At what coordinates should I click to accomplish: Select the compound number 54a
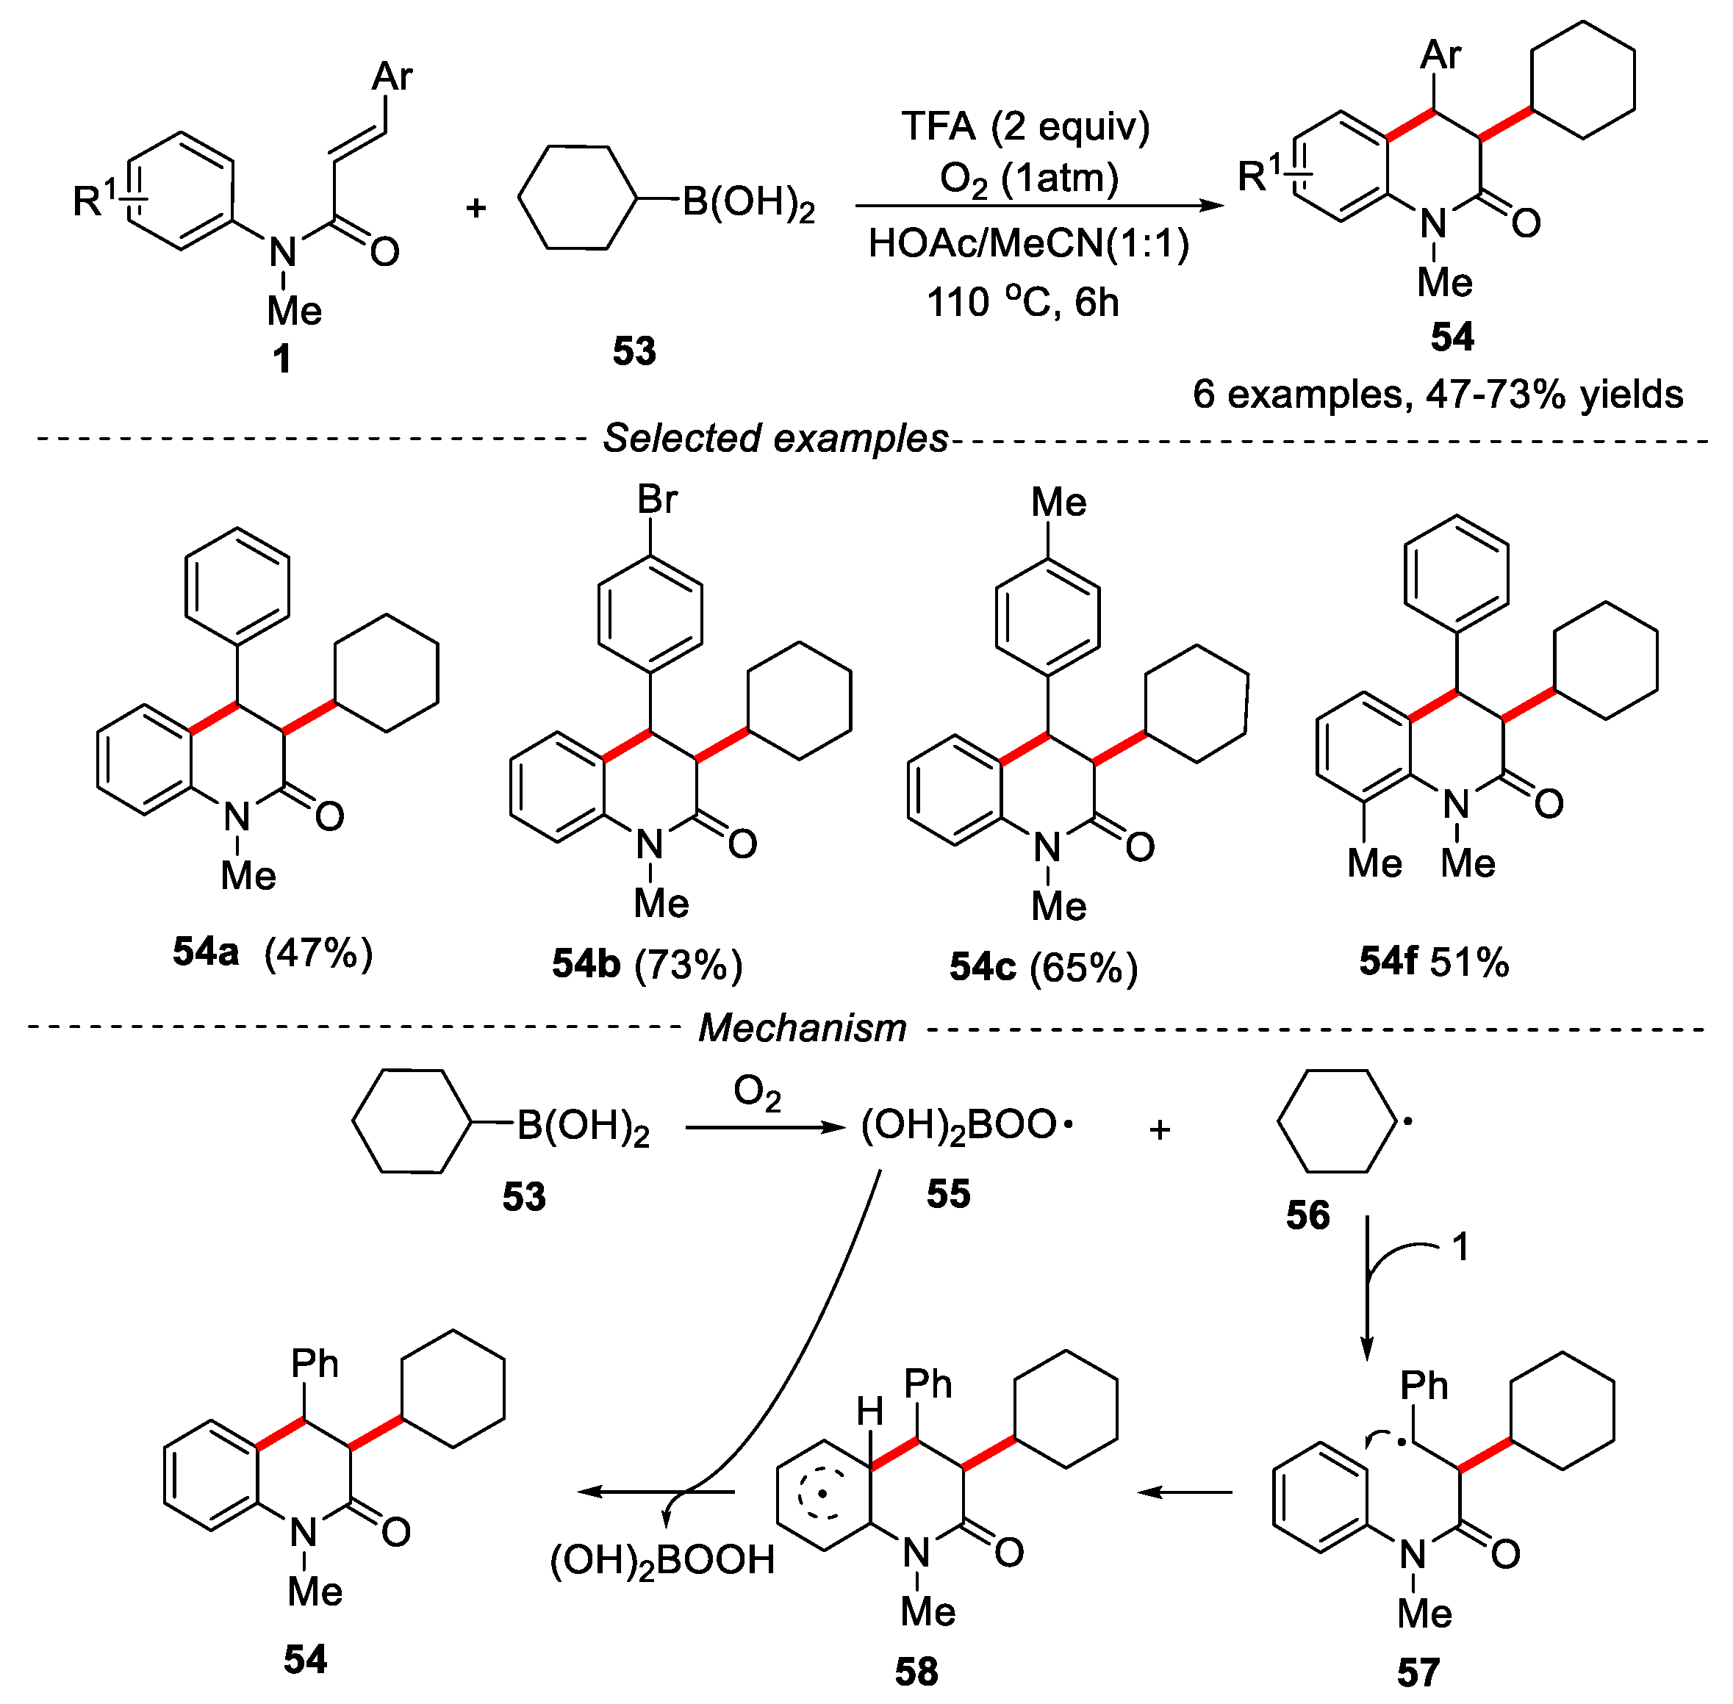(x=206, y=952)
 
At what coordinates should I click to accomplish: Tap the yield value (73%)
(x=689, y=965)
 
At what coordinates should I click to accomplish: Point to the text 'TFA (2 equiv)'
(x=1025, y=126)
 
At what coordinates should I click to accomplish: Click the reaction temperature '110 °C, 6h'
(x=1022, y=303)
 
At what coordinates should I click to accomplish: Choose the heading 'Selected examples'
(x=775, y=439)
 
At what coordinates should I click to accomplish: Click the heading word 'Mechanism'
(x=802, y=1027)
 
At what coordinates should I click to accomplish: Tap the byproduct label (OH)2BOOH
(x=661, y=1560)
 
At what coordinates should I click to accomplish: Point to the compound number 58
(x=916, y=1671)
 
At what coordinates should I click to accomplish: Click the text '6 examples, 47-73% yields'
(x=1438, y=394)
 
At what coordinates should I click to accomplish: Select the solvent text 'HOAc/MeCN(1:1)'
(x=1028, y=243)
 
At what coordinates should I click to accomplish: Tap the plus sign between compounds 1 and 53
(x=476, y=208)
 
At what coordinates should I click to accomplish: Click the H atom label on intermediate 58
(x=870, y=1412)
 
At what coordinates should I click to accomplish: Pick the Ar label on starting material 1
(x=392, y=77)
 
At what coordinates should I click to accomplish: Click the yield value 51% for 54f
(x=1469, y=962)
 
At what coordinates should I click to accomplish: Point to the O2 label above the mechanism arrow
(x=757, y=1093)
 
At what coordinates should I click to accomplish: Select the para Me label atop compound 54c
(x=1058, y=502)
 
